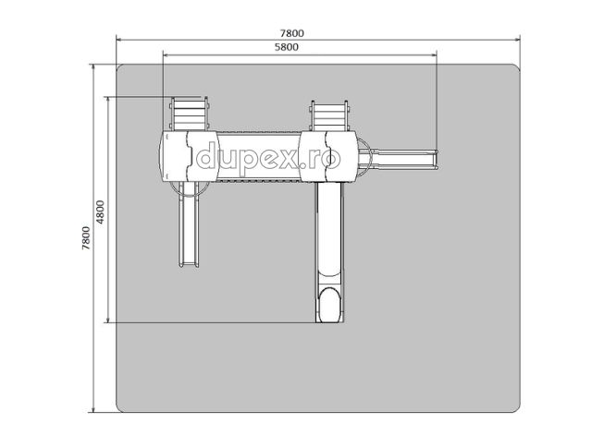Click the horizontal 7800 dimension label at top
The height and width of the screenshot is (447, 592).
(x=291, y=33)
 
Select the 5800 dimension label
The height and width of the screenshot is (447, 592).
(x=286, y=47)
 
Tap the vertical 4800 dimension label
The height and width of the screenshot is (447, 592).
(x=100, y=212)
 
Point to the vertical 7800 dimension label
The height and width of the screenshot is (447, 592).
(x=86, y=238)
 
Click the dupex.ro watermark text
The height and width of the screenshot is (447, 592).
(x=268, y=158)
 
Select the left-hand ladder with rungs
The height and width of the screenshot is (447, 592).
(x=189, y=114)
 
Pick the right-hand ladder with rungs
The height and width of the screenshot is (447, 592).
(x=329, y=115)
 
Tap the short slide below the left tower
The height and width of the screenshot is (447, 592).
(x=189, y=224)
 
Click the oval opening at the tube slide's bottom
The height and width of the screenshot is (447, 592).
(x=330, y=306)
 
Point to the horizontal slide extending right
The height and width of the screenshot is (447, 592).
(x=402, y=159)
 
